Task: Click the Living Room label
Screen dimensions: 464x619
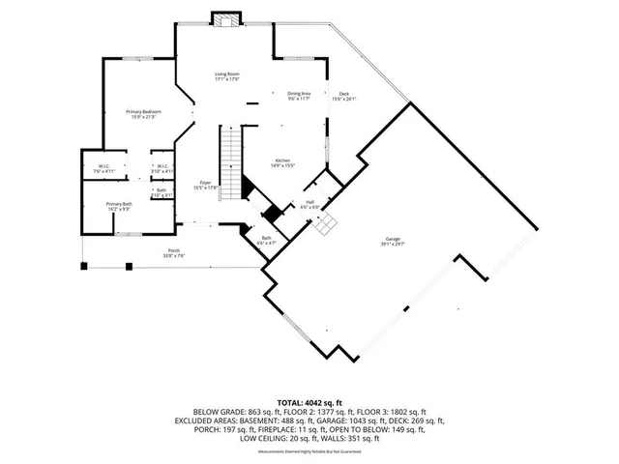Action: pos(226,76)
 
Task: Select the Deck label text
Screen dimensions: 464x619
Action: pos(343,96)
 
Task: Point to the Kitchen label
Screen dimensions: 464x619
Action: pos(282,162)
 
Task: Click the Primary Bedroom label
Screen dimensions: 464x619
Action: pos(143,114)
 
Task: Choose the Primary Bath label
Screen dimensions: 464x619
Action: pos(120,206)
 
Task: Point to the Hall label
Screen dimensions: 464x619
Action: pos(309,204)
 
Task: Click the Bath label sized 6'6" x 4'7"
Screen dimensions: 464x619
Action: pos(267,240)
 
